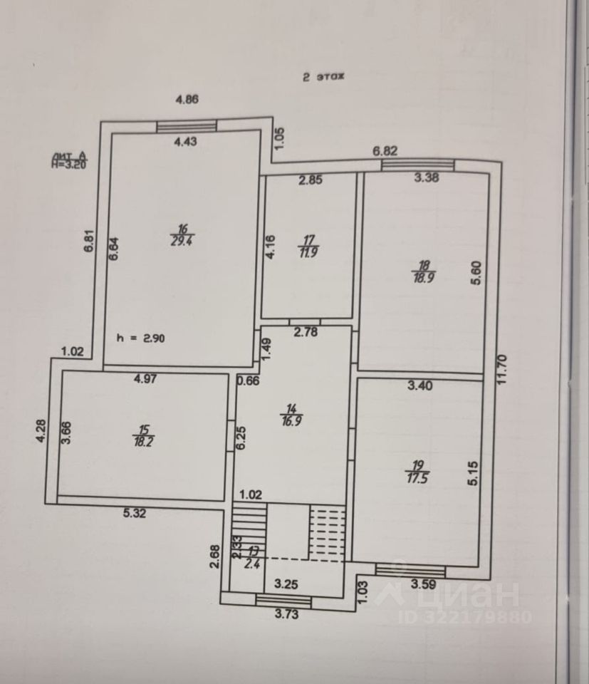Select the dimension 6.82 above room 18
tap(385, 151)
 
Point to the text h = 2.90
tap(142, 338)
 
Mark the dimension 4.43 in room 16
tap(185, 141)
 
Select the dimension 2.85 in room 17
tap(311, 180)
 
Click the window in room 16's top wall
tap(187, 126)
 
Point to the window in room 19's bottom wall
tap(410, 569)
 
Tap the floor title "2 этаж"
tap(323, 79)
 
